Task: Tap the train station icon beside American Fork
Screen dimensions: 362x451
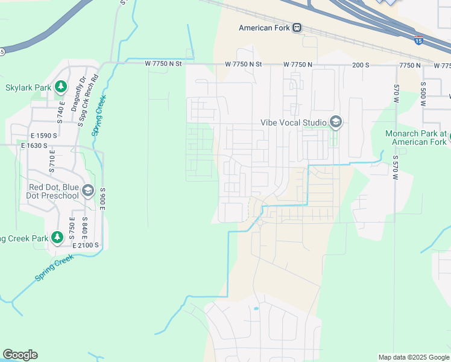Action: click(297, 28)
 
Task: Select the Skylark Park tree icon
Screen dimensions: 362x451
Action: click(60, 87)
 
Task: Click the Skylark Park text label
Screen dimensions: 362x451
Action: click(28, 87)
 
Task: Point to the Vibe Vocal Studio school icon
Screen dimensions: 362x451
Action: click(336, 122)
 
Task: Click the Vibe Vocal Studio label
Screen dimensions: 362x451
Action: click(294, 122)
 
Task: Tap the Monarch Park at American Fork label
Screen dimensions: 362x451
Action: click(418, 138)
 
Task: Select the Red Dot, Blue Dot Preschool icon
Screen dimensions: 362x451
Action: click(88, 191)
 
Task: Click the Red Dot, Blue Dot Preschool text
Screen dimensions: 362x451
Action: click(54, 191)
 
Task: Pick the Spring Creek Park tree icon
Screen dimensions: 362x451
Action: click(57, 238)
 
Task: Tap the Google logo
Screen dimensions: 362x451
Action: click(20, 355)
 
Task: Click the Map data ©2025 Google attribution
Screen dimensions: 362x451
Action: click(413, 357)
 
